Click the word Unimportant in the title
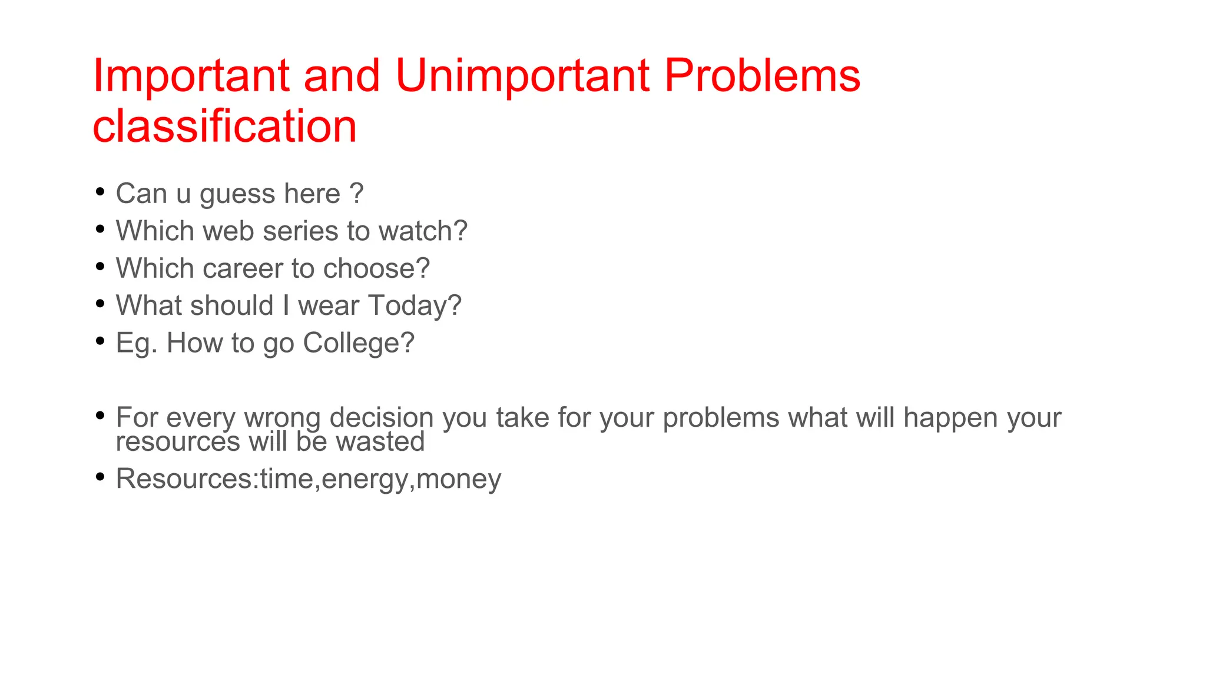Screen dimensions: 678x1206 point(522,76)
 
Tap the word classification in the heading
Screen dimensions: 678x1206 point(224,127)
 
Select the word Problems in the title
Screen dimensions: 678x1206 point(762,76)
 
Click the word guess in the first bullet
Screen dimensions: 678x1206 point(237,194)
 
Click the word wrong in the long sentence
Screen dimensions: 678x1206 point(282,418)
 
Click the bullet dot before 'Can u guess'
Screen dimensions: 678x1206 point(100,192)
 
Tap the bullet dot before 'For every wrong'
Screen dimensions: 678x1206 point(100,416)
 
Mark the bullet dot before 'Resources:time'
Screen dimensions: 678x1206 point(100,477)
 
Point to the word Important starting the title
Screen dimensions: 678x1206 point(191,76)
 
